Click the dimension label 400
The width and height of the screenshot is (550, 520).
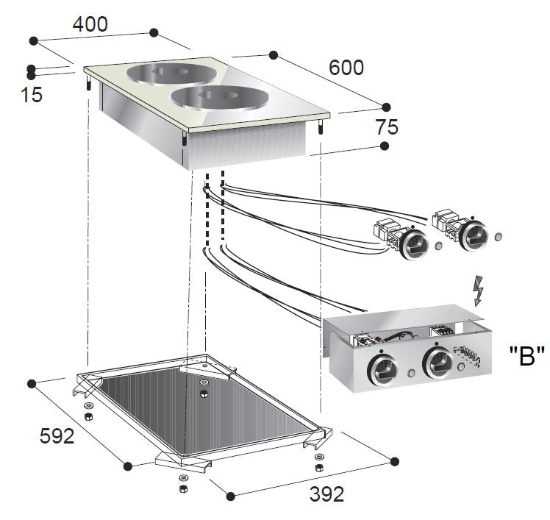(x=90, y=24)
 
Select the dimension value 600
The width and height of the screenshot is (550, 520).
(x=346, y=68)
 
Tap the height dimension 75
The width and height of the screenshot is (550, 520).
(x=386, y=127)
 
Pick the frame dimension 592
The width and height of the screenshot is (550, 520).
(x=57, y=436)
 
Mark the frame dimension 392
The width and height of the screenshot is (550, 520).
(x=326, y=494)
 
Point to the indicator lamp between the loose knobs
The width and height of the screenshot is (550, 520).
(x=440, y=245)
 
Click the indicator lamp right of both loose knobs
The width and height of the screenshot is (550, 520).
(x=499, y=238)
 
